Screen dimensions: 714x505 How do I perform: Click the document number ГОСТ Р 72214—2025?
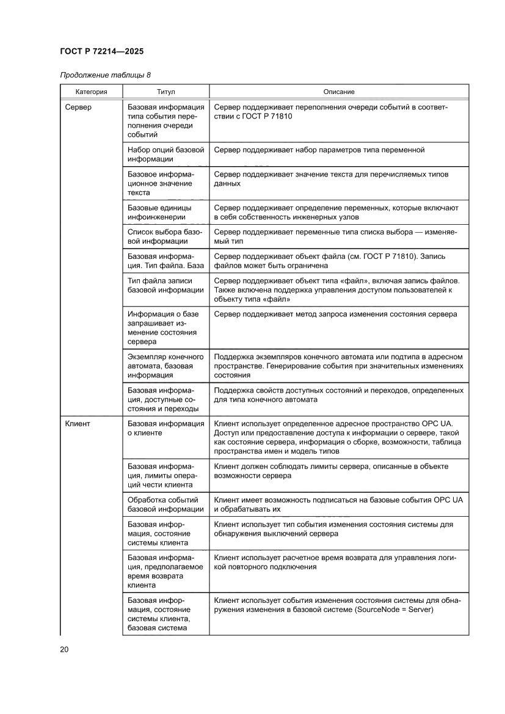102,52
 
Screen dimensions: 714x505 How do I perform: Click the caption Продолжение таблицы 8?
105,75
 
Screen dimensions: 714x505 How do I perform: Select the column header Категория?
91,92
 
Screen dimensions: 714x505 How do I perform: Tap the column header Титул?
165,92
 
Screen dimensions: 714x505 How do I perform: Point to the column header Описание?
339,92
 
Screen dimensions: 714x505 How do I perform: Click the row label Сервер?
78,107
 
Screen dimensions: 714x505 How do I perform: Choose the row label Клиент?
78,423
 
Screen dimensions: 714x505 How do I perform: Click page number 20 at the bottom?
64,649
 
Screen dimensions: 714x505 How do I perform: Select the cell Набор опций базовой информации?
165,155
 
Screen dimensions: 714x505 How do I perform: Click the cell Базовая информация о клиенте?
165,428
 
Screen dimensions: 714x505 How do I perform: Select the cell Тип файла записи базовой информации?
165,285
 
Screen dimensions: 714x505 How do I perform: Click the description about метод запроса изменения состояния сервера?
335,314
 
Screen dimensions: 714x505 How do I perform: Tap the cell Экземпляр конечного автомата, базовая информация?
164,366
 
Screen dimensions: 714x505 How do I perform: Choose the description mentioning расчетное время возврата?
333,562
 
